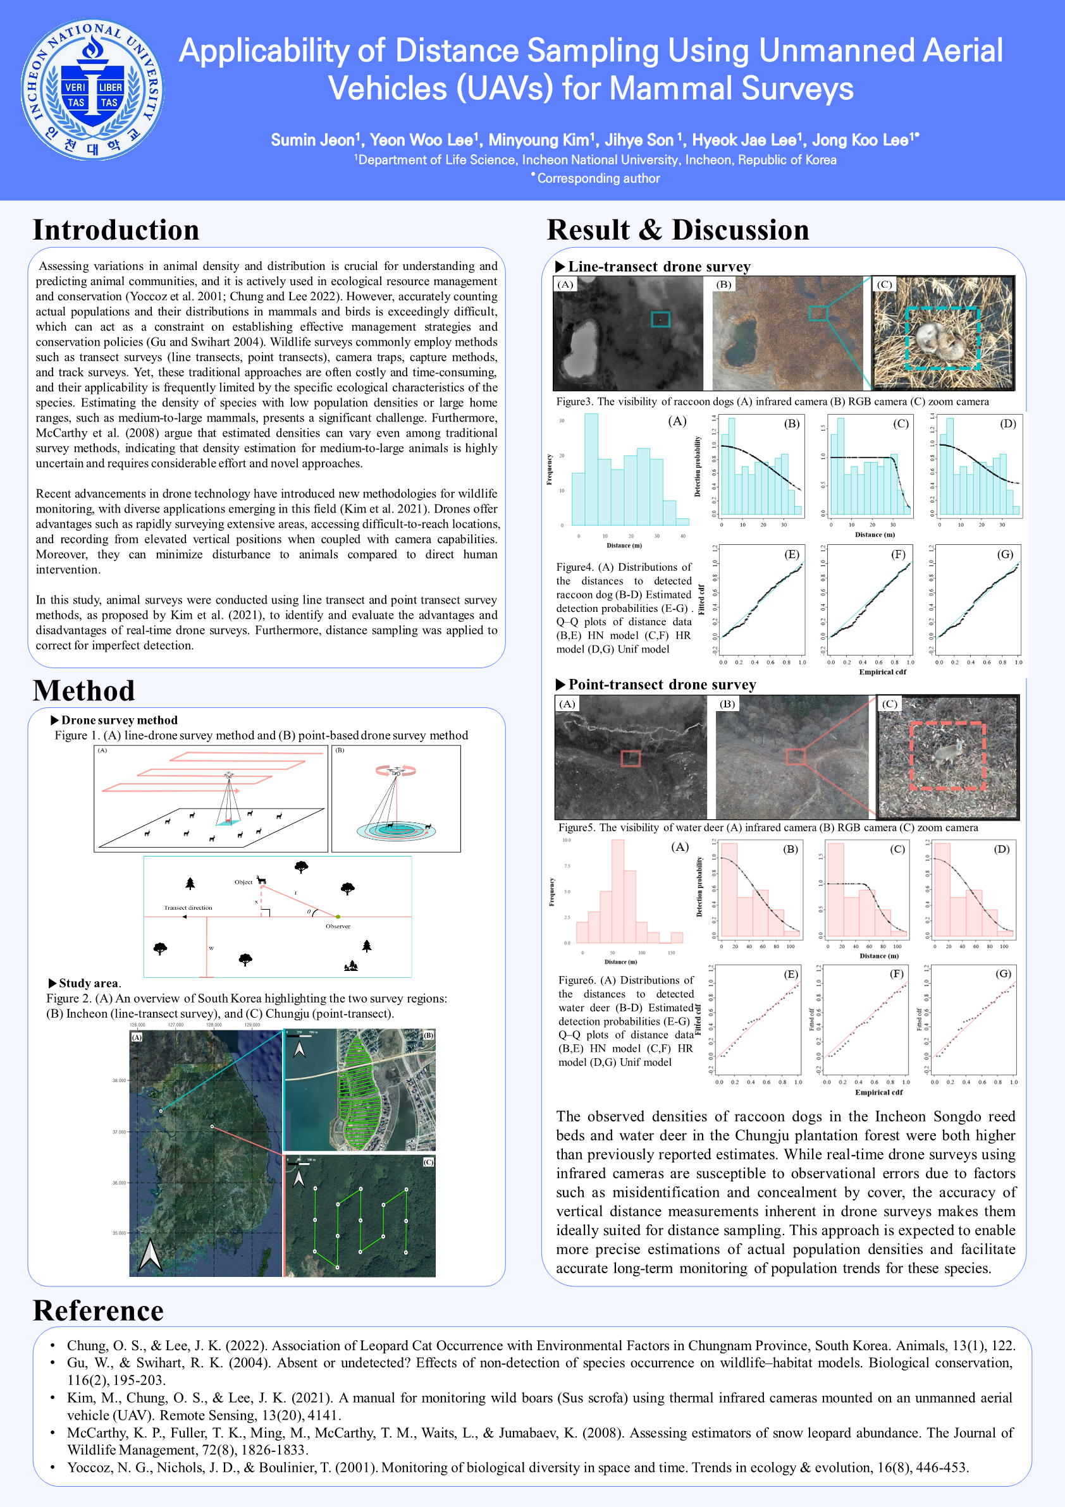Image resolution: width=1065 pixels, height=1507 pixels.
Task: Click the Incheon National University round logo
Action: pos(92,89)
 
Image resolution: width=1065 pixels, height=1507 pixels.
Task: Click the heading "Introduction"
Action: pos(116,230)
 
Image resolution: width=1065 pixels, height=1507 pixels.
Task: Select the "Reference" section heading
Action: pos(98,1311)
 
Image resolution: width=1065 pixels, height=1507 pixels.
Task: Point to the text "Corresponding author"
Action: pos(598,178)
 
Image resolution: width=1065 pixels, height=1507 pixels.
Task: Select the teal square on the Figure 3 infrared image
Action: pos(660,319)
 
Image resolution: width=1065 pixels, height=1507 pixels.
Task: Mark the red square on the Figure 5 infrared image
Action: pos(631,758)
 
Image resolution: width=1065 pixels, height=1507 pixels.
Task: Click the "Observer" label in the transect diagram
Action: pos(338,926)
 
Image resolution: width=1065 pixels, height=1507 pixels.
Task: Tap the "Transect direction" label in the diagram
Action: pos(188,908)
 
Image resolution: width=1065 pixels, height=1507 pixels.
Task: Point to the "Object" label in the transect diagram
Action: pos(243,882)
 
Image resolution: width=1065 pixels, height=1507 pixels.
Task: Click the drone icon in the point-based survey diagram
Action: pos(396,772)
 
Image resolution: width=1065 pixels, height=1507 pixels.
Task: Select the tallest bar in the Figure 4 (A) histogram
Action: pos(591,468)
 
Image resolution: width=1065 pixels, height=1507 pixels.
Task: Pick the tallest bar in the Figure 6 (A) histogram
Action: pos(617,891)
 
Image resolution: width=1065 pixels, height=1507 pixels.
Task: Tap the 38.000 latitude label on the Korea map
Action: pos(119,1080)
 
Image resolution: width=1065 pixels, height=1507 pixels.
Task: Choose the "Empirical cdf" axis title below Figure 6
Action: pos(878,1092)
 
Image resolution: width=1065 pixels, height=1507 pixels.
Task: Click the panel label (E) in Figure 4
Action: pos(792,554)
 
